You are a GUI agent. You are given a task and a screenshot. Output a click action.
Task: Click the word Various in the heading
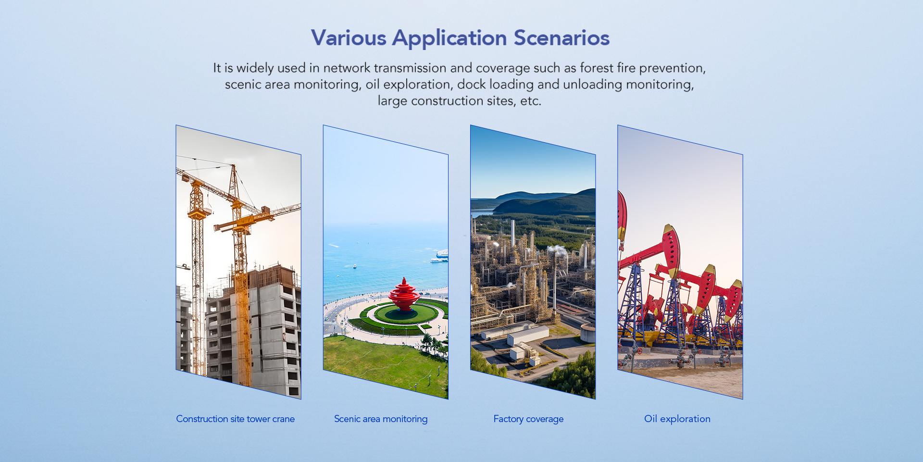click(349, 37)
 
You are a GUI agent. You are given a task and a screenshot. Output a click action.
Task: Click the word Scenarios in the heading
click(561, 37)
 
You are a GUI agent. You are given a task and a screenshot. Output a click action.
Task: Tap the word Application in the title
click(449, 38)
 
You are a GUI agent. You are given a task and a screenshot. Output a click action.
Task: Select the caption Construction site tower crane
click(235, 419)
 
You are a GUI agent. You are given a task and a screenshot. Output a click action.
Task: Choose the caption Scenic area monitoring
click(381, 419)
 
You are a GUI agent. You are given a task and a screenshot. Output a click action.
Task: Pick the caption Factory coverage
click(528, 419)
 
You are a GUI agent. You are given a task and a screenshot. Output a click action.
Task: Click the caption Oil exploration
click(677, 419)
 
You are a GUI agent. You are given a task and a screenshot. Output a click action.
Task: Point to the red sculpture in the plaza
click(404, 295)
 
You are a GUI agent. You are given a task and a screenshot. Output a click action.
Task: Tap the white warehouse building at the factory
click(528, 336)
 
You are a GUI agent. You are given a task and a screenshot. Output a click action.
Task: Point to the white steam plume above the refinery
click(558, 249)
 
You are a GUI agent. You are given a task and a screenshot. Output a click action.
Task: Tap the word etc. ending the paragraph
click(531, 101)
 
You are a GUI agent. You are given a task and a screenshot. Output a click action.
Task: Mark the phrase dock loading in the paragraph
click(495, 85)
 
